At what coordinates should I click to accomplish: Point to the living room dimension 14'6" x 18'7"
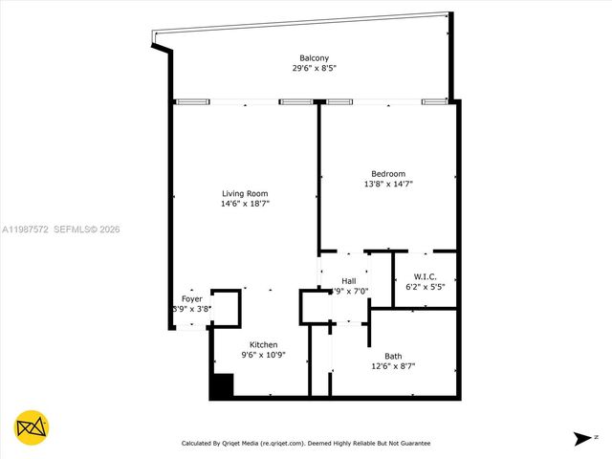[x=245, y=204]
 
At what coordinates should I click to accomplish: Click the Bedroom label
[x=387, y=173]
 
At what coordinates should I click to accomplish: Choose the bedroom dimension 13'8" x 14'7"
[x=387, y=184]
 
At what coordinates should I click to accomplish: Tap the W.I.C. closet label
[x=425, y=275]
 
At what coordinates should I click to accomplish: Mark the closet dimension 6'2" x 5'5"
[x=425, y=286]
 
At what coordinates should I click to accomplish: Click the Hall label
[x=349, y=280]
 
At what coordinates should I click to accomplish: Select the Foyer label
[x=191, y=299]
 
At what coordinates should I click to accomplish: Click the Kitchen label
[x=264, y=344]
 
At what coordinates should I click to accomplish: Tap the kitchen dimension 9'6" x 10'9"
[x=264, y=355]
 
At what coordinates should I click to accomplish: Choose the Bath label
[x=393, y=355]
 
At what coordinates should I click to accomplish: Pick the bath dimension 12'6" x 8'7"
[x=393, y=365]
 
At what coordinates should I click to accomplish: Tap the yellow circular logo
[x=32, y=427]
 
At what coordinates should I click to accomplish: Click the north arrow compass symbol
[x=582, y=439]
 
